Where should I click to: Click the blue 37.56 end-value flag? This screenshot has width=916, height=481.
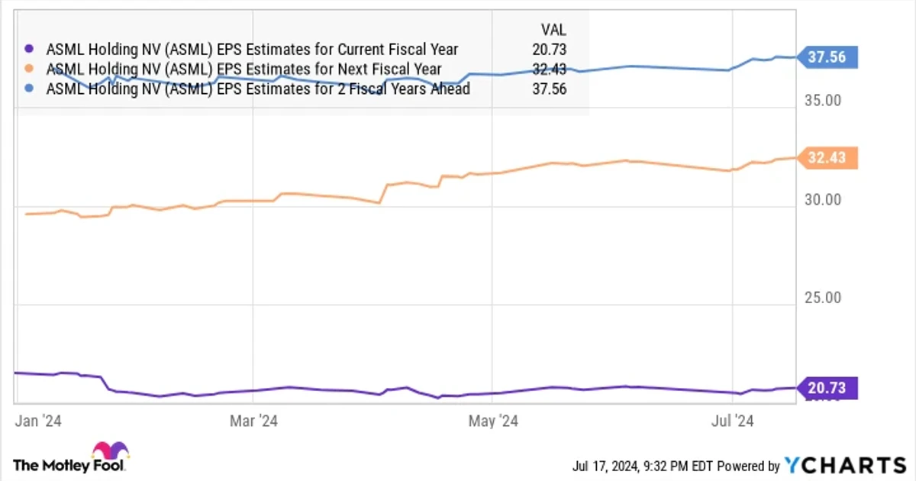(827, 57)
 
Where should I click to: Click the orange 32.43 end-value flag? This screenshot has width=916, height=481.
(827, 158)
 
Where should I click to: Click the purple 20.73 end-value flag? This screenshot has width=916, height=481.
(827, 388)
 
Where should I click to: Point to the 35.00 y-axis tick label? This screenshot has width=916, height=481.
(823, 101)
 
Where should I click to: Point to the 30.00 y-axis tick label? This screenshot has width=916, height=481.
(823, 200)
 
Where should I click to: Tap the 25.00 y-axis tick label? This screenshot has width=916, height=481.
(823, 298)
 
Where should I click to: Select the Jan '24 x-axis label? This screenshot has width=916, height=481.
(38, 421)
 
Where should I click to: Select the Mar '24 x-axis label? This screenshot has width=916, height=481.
(253, 421)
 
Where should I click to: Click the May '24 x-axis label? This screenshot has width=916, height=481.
(493, 421)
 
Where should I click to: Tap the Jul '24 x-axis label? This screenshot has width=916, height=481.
(732, 421)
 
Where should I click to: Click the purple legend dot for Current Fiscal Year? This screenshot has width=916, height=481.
(29, 49)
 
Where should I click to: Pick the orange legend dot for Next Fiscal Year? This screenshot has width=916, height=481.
(29, 69)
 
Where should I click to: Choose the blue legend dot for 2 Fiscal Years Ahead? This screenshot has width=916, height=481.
(29, 89)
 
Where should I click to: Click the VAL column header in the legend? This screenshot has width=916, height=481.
(553, 30)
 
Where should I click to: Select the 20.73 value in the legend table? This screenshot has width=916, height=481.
(549, 50)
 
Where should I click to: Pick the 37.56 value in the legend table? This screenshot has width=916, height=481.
(549, 89)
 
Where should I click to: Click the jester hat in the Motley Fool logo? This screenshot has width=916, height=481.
(111, 450)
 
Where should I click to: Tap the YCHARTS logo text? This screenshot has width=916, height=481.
(845, 466)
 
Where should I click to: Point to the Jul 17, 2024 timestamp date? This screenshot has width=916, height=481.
(605, 466)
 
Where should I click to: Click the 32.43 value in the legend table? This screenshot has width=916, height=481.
(549, 69)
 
